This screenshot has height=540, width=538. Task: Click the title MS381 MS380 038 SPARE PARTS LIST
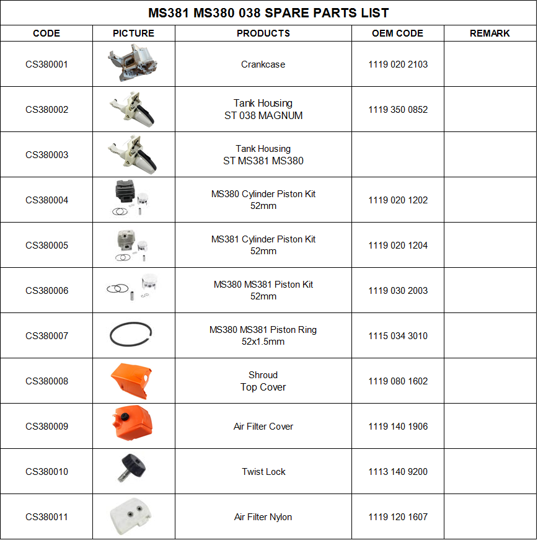click(x=268, y=13)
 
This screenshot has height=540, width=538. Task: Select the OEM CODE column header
click(x=397, y=33)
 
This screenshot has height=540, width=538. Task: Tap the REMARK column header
click(x=490, y=33)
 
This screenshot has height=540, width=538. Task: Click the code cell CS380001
click(x=46, y=64)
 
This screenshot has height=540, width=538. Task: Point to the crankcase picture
click(x=133, y=64)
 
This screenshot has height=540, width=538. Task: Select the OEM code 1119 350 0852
click(x=397, y=110)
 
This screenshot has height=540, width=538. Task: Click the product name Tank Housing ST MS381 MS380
click(x=263, y=155)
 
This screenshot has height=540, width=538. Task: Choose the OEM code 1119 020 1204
click(x=397, y=246)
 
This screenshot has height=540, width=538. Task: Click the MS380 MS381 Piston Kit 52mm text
click(x=263, y=291)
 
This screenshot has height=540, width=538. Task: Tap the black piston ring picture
click(x=131, y=335)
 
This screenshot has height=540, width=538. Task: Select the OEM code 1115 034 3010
click(x=397, y=336)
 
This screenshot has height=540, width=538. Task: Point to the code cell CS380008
click(x=46, y=381)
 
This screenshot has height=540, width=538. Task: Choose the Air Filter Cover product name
click(x=263, y=427)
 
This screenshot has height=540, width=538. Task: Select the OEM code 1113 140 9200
click(x=397, y=472)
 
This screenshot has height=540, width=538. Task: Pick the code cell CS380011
click(x=46, y=517)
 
